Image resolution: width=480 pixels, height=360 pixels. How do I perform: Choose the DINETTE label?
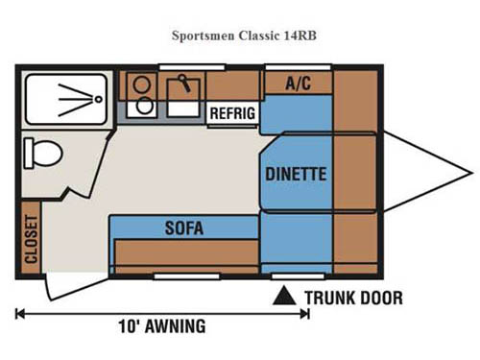296,175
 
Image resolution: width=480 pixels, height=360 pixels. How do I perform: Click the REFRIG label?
232,112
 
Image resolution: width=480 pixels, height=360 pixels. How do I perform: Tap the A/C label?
298,84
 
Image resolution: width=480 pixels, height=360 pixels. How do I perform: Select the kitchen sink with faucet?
182,93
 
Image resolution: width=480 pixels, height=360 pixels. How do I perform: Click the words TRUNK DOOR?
353,298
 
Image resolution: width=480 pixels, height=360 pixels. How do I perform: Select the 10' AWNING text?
161,326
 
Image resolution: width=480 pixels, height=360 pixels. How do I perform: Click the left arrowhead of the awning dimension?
20,313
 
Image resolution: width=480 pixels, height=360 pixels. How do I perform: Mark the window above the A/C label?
299,67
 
